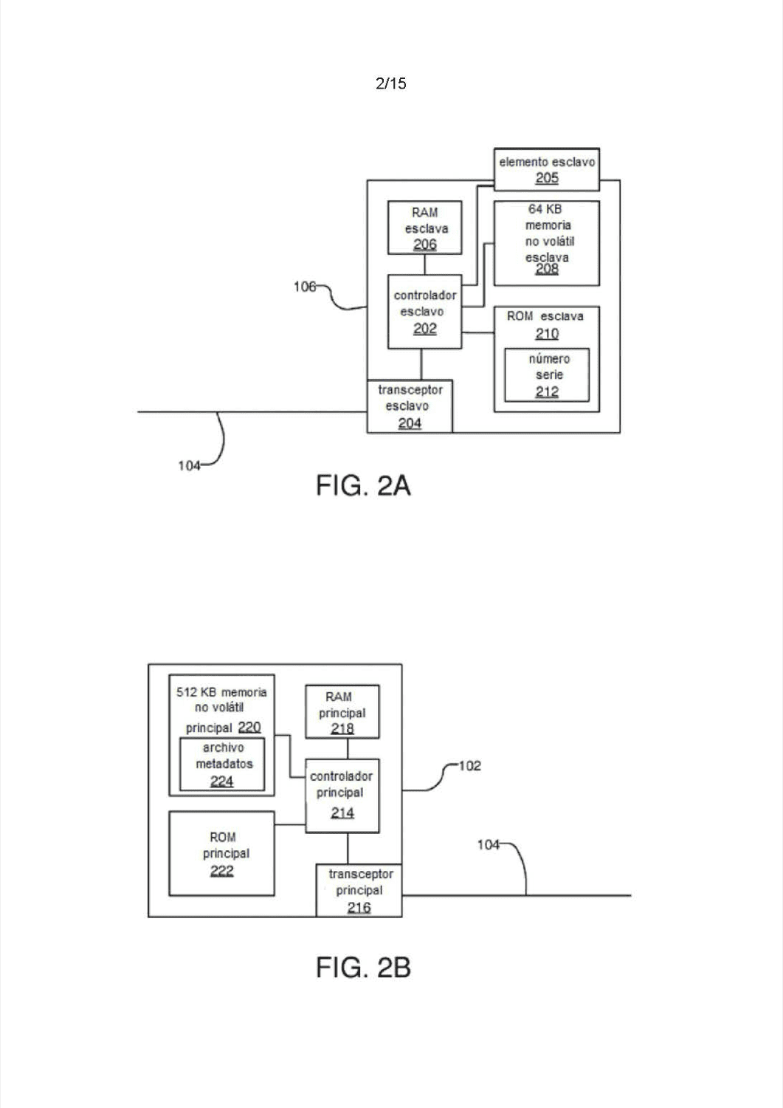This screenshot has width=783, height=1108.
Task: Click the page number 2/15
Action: [x=391, y=83]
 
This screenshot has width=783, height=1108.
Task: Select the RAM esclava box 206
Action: [x=424, y=228]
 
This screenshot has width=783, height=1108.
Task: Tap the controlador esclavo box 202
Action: [x=424, y=312]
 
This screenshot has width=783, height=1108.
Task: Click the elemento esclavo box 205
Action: [x=547, y=169]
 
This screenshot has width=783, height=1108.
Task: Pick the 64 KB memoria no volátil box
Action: [x=547, y=243]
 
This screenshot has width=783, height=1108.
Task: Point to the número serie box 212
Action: [x=547, y=375]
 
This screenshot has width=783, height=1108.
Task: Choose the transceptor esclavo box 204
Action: [x=410, y=406]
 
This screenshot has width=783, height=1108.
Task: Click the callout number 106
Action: [x=304, y=287]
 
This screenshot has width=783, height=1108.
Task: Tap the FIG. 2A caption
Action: [x=363, y=485]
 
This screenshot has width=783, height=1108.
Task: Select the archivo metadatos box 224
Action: [x=222, y=765]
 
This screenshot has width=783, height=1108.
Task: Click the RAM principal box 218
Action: [x=342, y=712]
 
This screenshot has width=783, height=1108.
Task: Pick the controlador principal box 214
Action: [x=342, y=796]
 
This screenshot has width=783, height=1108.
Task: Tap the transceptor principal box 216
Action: [x=359, y=890]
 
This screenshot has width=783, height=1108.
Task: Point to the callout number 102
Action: [x=469, y=766]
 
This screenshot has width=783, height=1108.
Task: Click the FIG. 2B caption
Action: [x=363, y=967]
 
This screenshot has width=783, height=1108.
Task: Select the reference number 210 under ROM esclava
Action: [x=547, y=334]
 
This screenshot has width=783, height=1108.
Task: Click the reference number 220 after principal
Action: [x=249, y=727]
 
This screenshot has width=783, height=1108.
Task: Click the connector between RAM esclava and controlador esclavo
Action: [x=424, y=264]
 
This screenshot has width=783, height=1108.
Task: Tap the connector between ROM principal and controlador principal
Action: [x=290, y=824]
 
